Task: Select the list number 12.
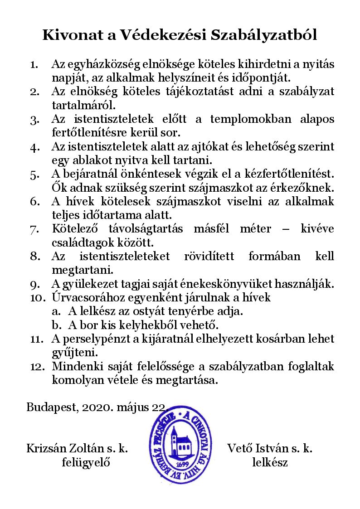(x=37, y=367)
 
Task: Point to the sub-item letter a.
(x=56, y=312)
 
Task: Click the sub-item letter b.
(x=56, y=325)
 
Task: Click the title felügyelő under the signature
(x=86, y=463)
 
